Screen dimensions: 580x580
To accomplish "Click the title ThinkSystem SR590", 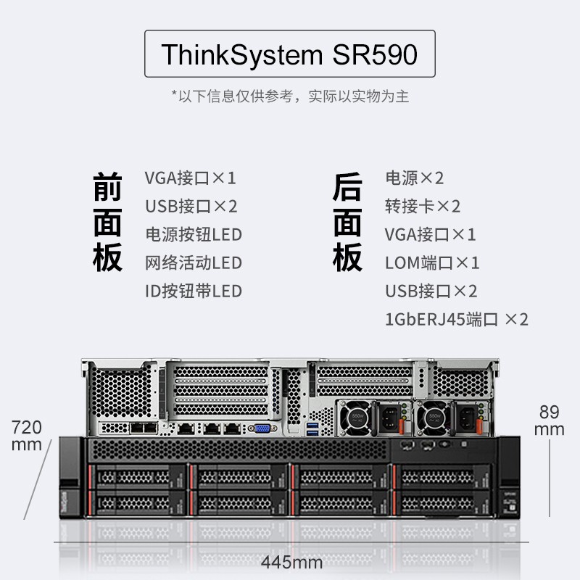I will (289, 55).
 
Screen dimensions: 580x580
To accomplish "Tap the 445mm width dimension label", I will (291, 563).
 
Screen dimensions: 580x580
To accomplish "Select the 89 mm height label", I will (550, 420).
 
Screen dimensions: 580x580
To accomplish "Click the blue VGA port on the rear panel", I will (262, 428).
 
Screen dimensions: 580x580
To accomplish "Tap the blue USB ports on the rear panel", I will (312, 428).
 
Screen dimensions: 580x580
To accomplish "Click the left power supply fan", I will (356, 419).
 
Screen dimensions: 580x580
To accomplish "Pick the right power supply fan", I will (434, 419).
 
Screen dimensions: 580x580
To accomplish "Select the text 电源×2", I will (414, 178).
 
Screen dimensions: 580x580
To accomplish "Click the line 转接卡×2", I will (422, 206).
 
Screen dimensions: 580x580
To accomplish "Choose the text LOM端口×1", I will (431, 262).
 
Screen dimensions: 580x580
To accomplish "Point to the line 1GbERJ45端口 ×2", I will (456, 319).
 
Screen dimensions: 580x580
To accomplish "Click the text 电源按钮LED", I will (193, 234).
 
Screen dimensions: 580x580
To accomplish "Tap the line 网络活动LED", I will (193, 262).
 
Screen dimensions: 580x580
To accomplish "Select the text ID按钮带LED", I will (193, 291).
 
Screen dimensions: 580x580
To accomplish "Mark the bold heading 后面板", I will (347, 222).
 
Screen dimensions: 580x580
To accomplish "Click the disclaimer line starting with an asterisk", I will (289, 96).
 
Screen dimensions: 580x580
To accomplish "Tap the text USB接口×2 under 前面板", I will (191, 206).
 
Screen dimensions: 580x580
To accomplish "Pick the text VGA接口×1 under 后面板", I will (430, 234).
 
